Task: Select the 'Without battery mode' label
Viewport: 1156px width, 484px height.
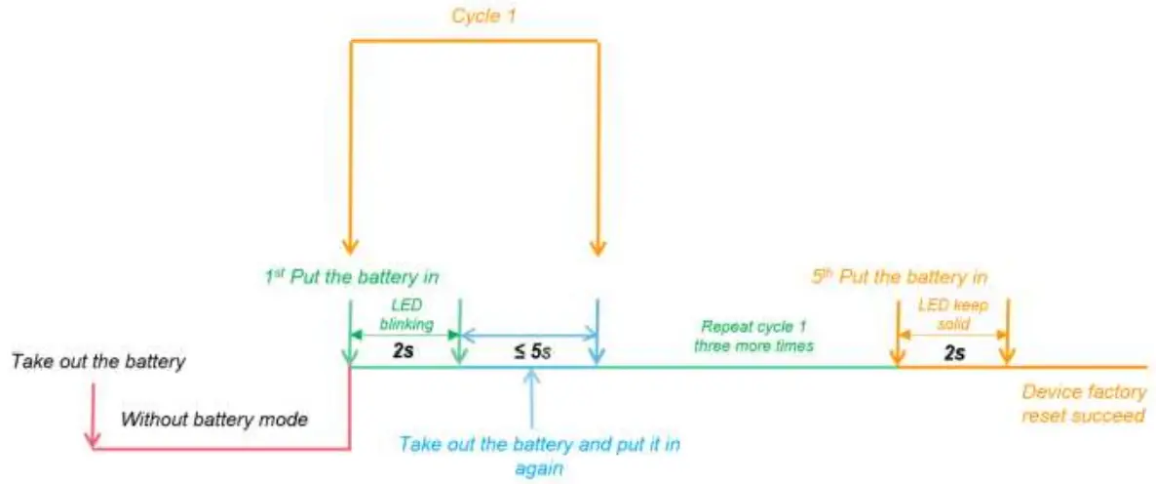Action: (x=214, y=421)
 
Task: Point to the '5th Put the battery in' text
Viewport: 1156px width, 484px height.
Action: (x=900, y=277)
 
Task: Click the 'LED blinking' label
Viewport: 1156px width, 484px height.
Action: (x=403, y=313)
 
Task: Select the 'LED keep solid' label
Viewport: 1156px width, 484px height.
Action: (x=952, y=313)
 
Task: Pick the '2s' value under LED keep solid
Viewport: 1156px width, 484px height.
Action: (x=952, y=352)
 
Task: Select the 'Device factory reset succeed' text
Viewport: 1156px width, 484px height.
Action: (x=1083, y=405)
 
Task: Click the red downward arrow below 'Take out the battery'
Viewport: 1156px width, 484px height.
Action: (x=93, y=415)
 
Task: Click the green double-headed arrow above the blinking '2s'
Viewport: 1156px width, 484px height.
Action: (x=403, y=335)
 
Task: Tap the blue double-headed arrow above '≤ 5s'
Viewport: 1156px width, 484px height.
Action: (x=527, y=335)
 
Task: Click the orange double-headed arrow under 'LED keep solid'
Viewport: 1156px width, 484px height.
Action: (x=952, y=335)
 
